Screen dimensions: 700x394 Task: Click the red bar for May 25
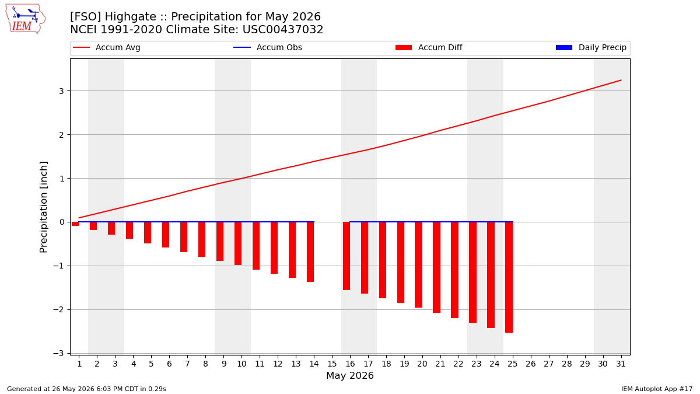(509, 277)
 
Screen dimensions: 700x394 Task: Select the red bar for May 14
(310, 252)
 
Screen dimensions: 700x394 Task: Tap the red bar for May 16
(346, 256)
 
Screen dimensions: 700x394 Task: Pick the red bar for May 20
(418, 265)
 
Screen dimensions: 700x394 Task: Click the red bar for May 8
(202, 239)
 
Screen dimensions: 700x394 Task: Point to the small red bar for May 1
(75, 224)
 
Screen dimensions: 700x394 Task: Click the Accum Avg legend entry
(107, 47)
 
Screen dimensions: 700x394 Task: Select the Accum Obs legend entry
(268, 47)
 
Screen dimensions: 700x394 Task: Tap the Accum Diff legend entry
(429, 47)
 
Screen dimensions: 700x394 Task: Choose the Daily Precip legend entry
(591, 47)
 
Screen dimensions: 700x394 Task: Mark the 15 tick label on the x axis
(332, 364)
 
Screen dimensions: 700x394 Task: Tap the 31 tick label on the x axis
(621, 364)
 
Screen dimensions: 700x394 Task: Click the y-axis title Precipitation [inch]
(43, 207)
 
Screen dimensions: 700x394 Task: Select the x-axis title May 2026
(350, 375)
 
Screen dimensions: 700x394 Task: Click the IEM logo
(26, 19)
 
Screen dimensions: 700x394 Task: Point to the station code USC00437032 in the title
(283, 30)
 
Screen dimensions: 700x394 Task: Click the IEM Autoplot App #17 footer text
(657, 389)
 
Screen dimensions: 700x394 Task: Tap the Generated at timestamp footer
(86, 389)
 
